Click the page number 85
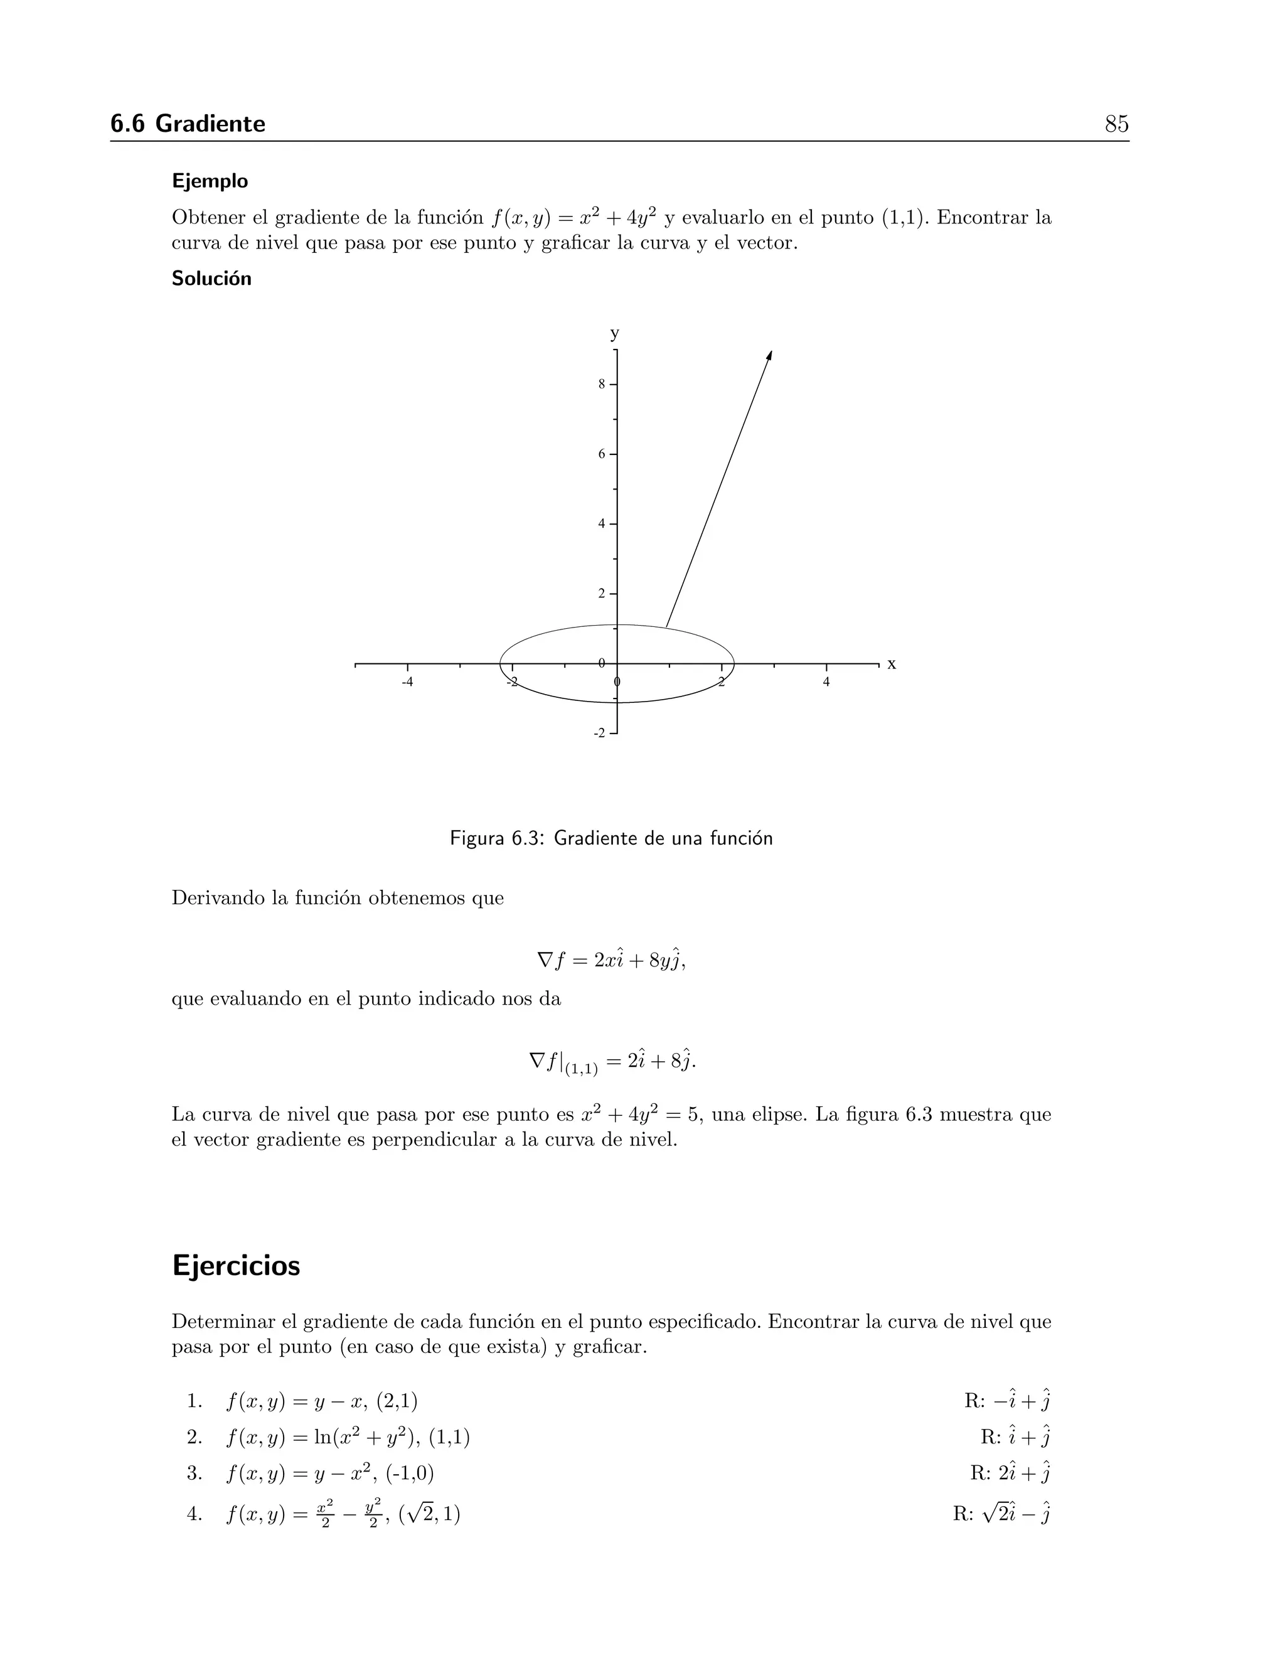1116,124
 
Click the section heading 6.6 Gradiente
188,124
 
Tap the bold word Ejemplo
210,181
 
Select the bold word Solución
211,279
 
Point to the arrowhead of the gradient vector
770,356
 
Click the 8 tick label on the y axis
601,385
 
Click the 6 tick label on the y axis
601,454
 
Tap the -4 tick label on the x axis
407,682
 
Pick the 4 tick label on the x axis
826,682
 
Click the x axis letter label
892,664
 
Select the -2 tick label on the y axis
600,733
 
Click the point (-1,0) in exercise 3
410,1474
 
